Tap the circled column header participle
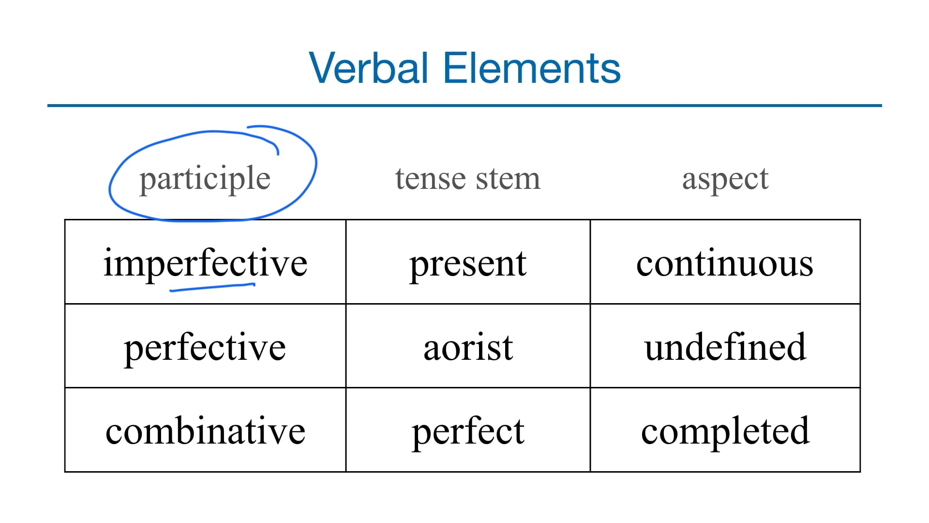pyautogui.click(x=205, y=179)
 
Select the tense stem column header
pyautogui.click(x=467, y=178)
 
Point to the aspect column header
pyautogui.click(x=725, y=179)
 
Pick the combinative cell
pyautogui.click(x=205, y=431)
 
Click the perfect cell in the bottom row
pyautogui.click(x=468, y=431)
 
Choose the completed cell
pyautogui.click(x=725, y=431)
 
